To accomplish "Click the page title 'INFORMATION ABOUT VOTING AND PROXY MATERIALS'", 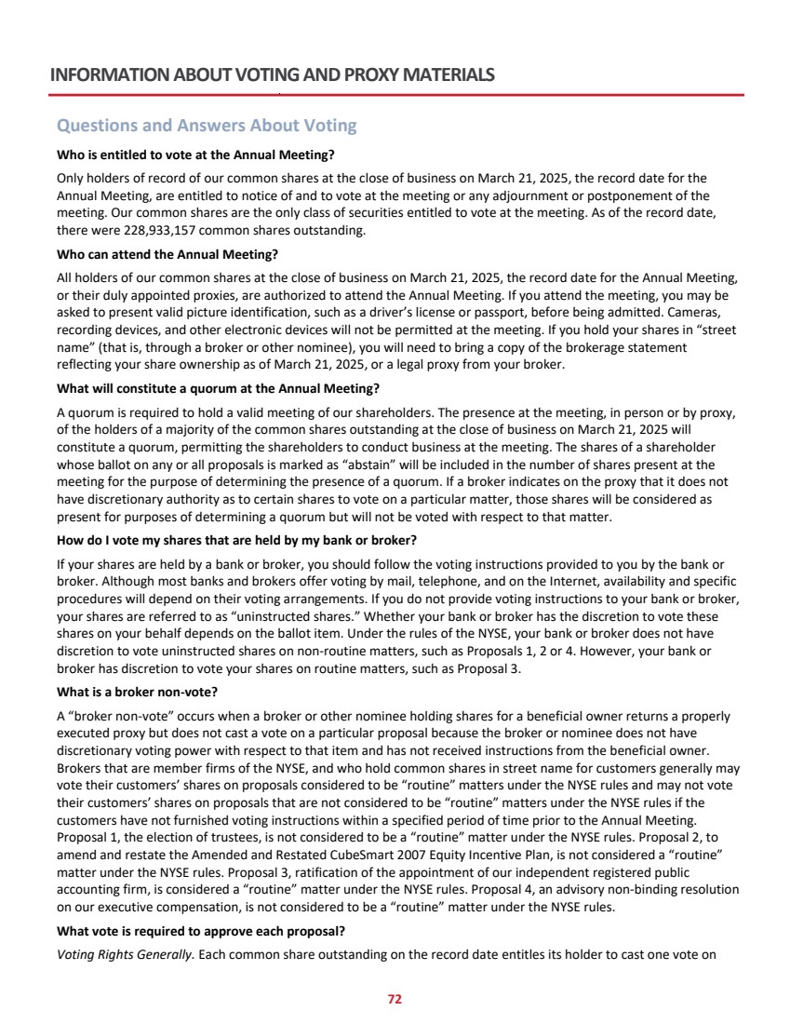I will point(272,75).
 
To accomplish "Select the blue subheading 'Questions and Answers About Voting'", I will point(207,126).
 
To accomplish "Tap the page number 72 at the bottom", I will point(395,999).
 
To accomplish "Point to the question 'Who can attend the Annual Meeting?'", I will point(167,253).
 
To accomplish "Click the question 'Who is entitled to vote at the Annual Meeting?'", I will point(195,154).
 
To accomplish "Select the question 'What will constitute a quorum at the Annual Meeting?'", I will point(219,388).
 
